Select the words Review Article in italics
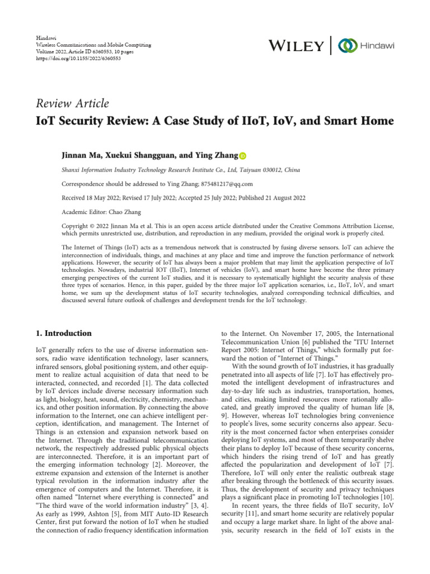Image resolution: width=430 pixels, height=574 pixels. (72, 103)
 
